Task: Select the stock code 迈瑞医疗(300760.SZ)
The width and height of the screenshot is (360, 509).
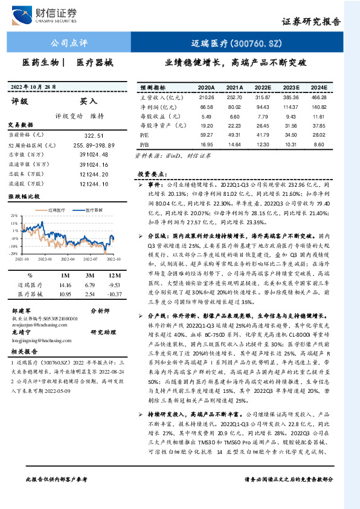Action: tap(234, 43)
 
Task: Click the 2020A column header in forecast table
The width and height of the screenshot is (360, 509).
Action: tap(207, 87)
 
